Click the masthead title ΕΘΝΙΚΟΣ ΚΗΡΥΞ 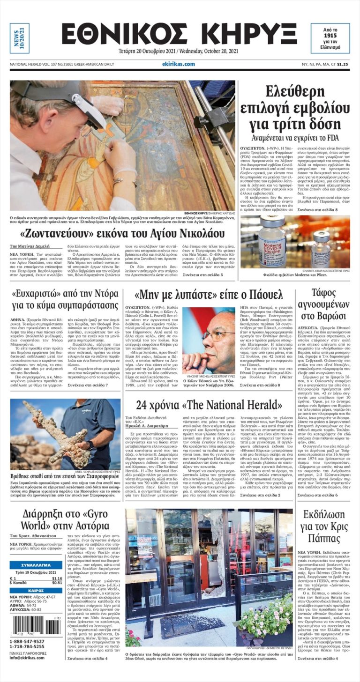tap(179, 34)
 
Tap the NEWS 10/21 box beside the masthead tap(20, 38)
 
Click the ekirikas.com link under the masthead tap(179, 64)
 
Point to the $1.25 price tap(342, 64)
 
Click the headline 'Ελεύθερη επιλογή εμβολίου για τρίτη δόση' tap(294, 108)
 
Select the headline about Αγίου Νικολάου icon tap(122, 233)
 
